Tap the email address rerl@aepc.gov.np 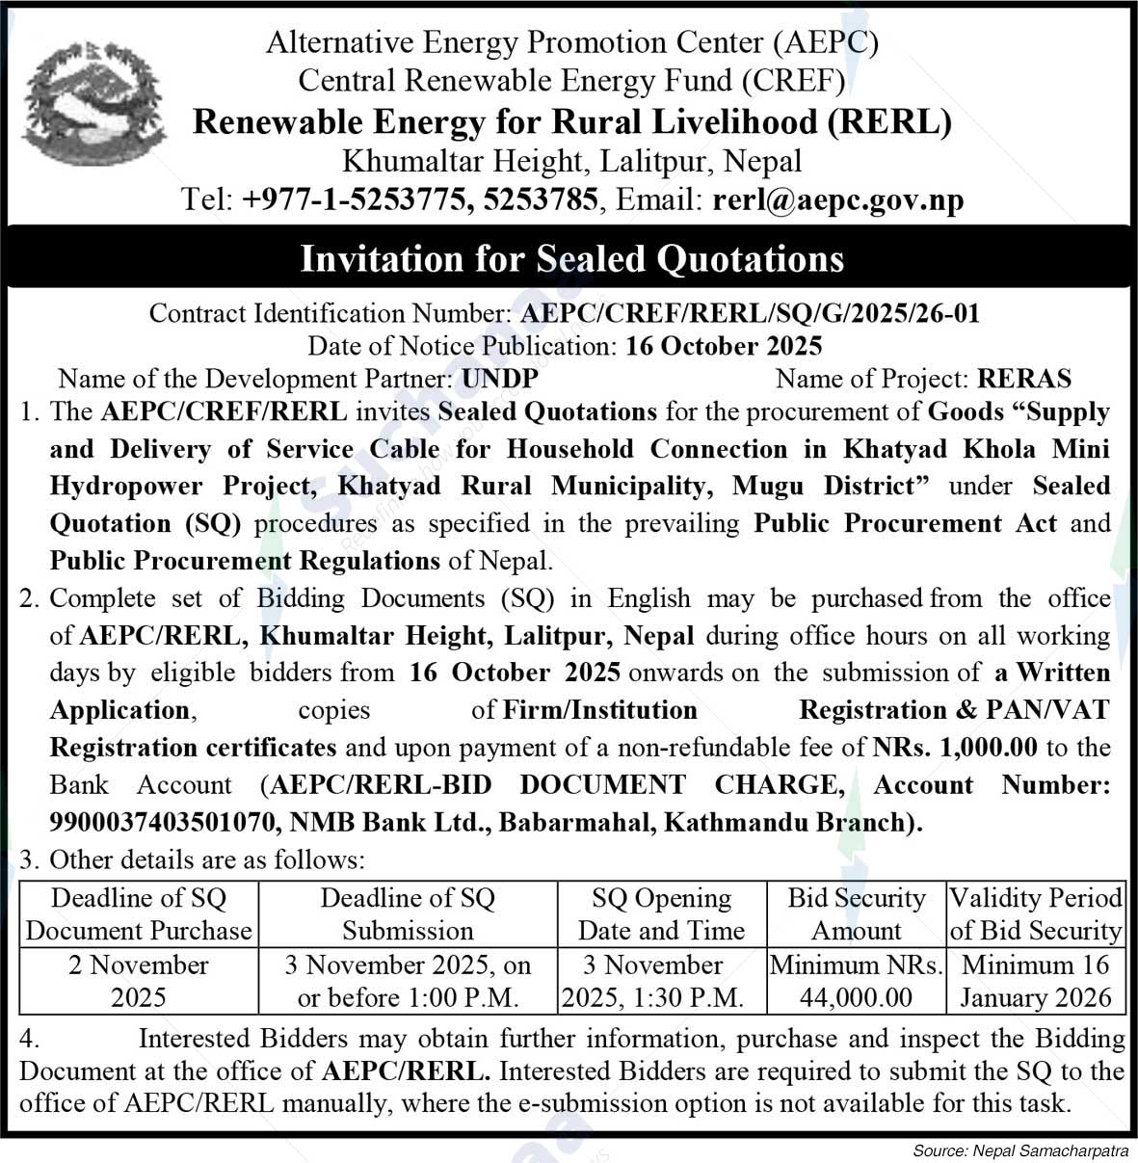pos(837,199)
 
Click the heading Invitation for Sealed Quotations pos(571,258)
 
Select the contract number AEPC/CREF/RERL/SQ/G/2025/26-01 pos(750,313)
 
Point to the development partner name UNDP pos(499,379)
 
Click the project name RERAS pos(1023,379)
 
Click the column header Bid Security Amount pos(856,913)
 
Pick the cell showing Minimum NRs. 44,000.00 pos(856,980)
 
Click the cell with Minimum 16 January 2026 pos(1036,980)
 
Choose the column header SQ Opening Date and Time pos(661,913)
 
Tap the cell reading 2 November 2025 pos(139,980)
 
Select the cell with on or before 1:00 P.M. pos(408,980)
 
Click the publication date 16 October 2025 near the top pos(723,346)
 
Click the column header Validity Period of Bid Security pos(1036,913)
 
